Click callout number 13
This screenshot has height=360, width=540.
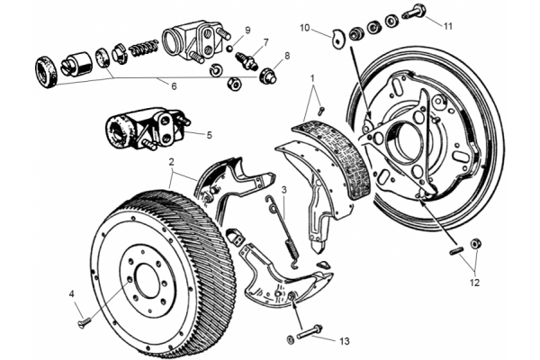tap(344, 341)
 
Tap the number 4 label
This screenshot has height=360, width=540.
tap(72, 294)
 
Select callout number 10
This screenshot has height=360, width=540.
tap(305, 27)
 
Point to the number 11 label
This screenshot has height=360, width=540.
tap(447, 26)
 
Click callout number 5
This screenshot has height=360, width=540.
tap(210, 135)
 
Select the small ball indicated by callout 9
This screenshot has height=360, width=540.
tap(230, 49)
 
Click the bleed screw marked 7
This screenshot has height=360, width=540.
tap(247, 59)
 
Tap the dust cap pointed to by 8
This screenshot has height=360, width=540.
tap(267, 76)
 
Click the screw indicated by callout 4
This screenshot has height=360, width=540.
tap(85, 322)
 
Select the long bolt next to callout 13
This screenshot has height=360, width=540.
tap(310, 331)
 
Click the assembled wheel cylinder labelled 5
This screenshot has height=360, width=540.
tap(145, 129)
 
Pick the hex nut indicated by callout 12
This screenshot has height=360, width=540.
tap(475, 244)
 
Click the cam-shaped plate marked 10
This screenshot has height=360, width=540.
tap(338, 38)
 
